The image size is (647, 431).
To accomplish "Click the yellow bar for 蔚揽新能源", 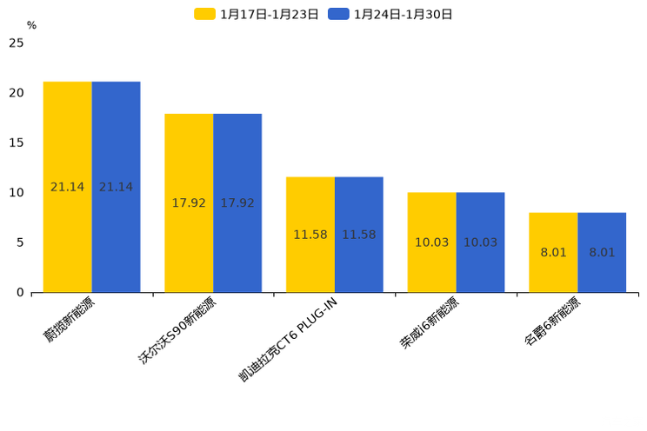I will click(x=68, y=187).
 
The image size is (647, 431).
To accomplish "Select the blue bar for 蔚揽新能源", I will click(x=117, y=187).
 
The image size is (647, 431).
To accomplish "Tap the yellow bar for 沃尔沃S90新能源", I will click(x=189, y=202).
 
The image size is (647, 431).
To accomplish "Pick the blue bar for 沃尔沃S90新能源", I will click(x=237, y=202).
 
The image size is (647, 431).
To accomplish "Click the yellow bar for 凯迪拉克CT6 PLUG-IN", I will click(x=310, y=235).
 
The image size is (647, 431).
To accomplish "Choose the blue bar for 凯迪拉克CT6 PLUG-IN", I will click(x=359, y=235).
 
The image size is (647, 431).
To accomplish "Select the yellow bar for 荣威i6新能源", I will click(x=432, y=242).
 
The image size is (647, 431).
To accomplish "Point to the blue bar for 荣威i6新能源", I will click(x=480, y=242).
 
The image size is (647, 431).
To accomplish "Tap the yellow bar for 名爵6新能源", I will click(x=553, y=252).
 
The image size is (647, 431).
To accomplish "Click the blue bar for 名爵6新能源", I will click(x=602, y=252).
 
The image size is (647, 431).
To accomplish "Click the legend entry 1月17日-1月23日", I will click(x=257, y=14).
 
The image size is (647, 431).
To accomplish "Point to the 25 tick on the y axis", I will click(x=17, y=43).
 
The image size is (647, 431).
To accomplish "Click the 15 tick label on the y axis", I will click(x=17, y=143).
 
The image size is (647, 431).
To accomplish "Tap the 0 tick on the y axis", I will click(x=20, y=293).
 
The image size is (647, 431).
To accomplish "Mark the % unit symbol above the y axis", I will click(x=31, y=26).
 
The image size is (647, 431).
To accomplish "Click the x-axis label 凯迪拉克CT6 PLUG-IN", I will click(x=287, y=339).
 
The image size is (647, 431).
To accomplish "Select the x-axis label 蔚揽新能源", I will click(x=70, y=320).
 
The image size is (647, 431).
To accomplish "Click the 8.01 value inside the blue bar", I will click(x=602, y=253).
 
